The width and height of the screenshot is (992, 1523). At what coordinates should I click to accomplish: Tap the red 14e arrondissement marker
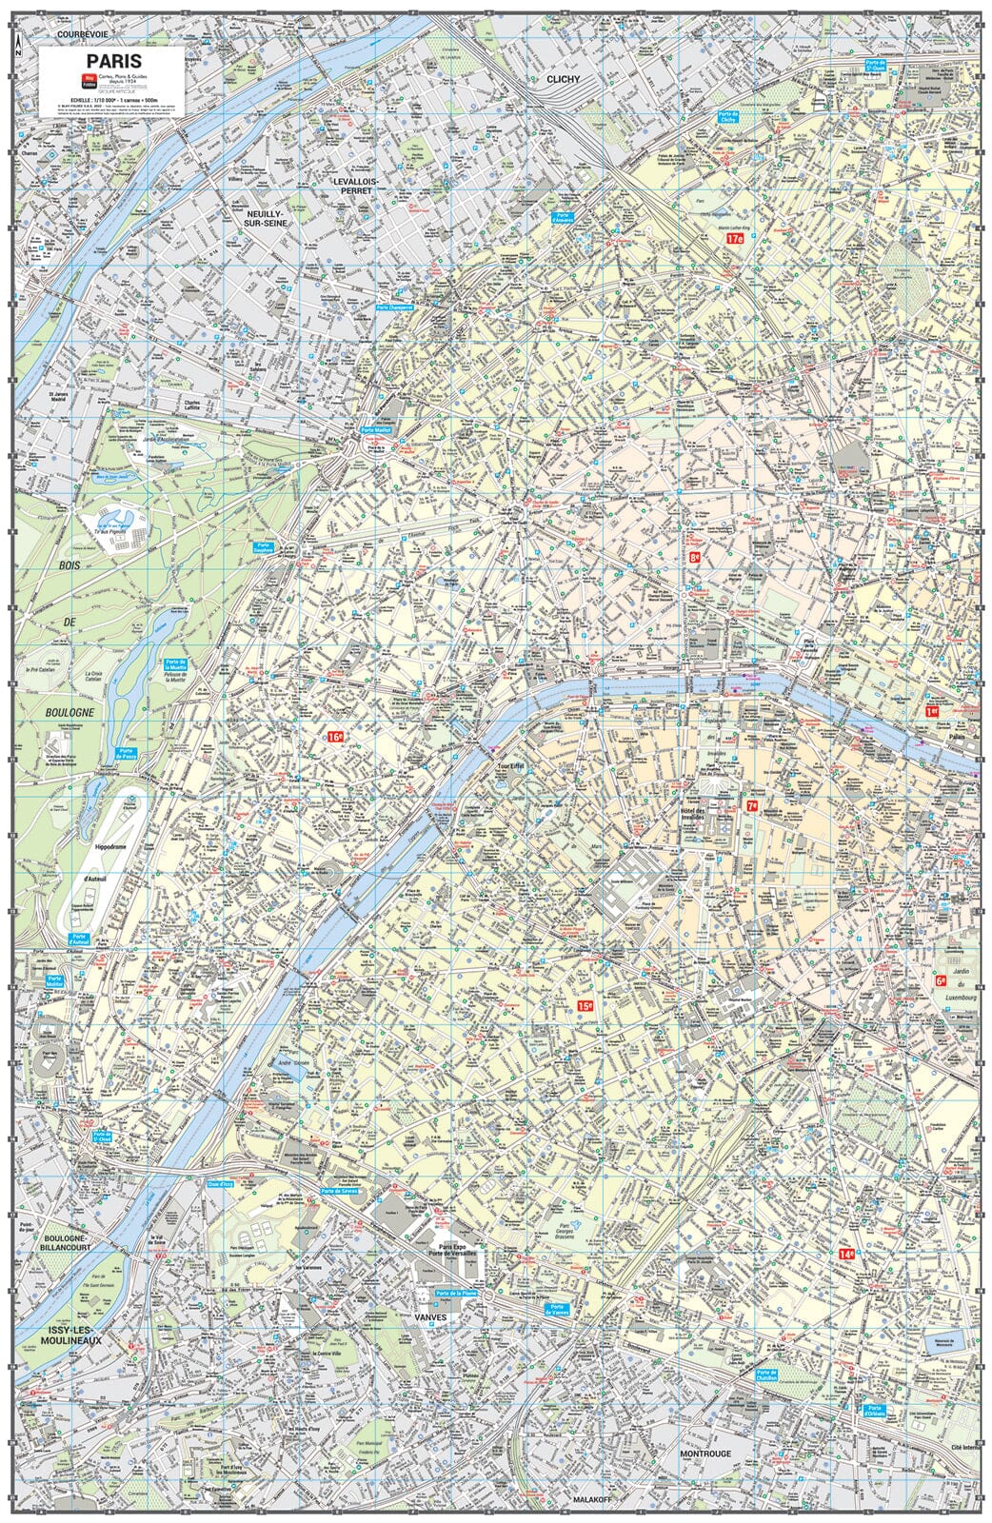pyautogui.click(x=846, y=1255)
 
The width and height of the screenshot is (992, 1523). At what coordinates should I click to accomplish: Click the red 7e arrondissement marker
pyautogui.click(x=752, y=805)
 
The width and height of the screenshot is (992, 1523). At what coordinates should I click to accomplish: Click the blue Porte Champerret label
pyautogui.click(x=398, y=307)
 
